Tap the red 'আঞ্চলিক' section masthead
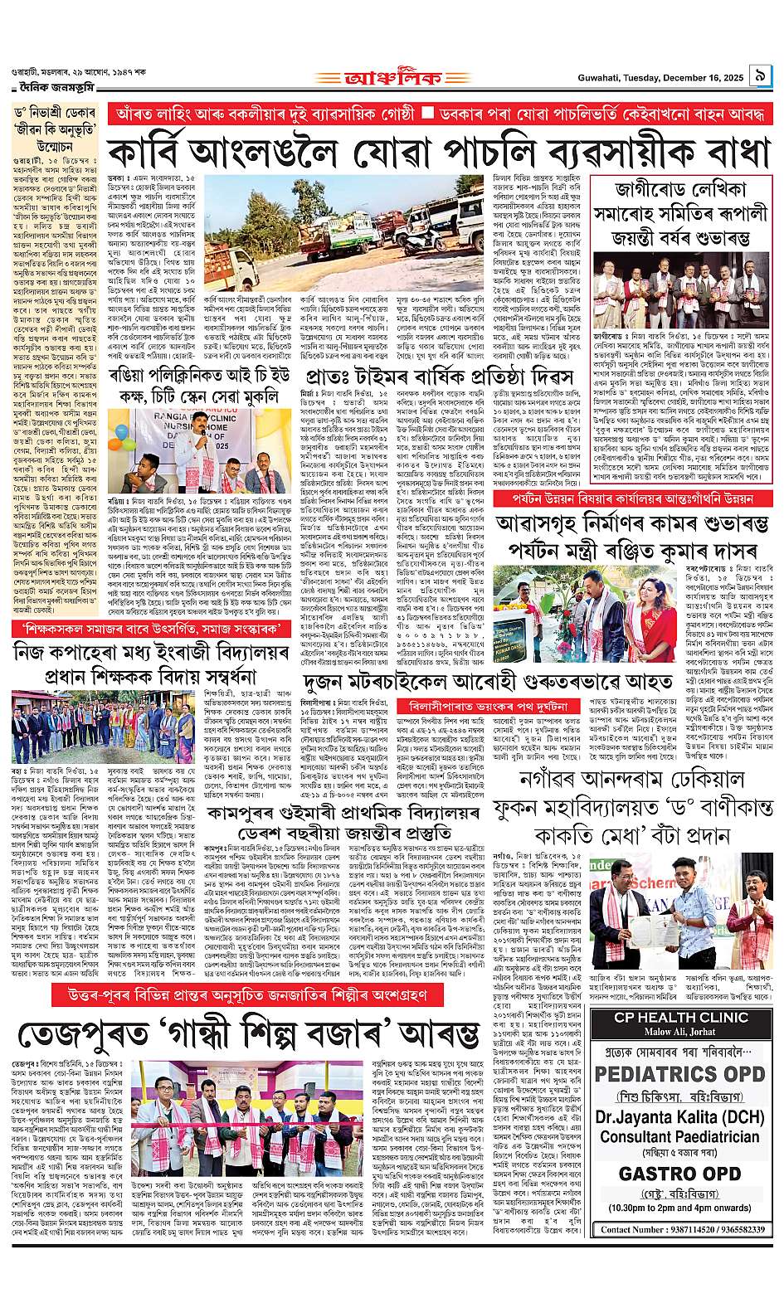(392, 80)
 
